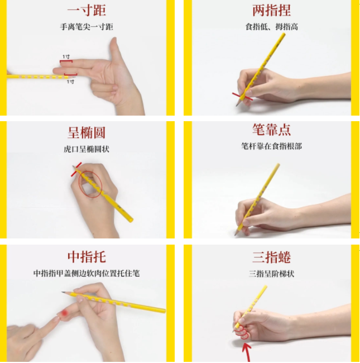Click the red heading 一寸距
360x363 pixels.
pyautogui.click(x=87, y=10)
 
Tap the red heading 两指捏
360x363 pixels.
pyautogui.click(x=271, y=10)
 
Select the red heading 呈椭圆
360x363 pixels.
pyautogui.click(x=87, y=132)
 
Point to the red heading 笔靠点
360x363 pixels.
pyautogui.click(x=271, y=130)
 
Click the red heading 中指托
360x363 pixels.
pyautogui.click(x=87, y=257)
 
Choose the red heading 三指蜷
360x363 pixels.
pyautogui.click(x=271, y=257)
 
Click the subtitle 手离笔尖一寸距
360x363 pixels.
pyautogui.click(x=87, y=27)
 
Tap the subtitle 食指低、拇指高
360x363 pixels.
pyautogui.click(x=271, y=27)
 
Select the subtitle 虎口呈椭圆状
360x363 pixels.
pyautogui.click(x=87, y=149)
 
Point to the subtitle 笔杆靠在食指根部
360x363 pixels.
pyautogui.click(x=271, y=146)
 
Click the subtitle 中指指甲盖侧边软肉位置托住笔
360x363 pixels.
pyautogui.click(x=87, y=274)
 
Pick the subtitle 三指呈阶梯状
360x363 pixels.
pyautogui.click(x=271, y=274)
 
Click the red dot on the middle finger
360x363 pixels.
pyautogui.click(x=64, y=313)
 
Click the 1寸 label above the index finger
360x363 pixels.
pyautogui.click(x=66, y=57)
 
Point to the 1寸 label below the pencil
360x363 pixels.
pyautogui.click(x=70, y=82)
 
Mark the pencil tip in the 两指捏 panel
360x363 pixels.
pyautogui.click(x=237, y=106)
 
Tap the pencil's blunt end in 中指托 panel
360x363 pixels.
pyautogui.click(x=164, y=311)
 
